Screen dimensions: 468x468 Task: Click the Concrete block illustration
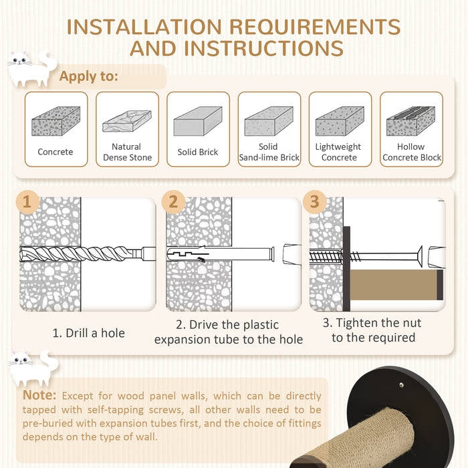tap(55, 121)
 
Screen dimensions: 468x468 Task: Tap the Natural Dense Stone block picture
tap(127, 121)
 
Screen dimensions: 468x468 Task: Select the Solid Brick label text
tap(198, 152)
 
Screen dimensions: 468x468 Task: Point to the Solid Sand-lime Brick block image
tap(269, 121)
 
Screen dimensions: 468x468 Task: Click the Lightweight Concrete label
tap(338, 152)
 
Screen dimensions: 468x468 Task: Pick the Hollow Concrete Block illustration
tap(411, 121)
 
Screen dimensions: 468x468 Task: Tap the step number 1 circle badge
tap(27, 202)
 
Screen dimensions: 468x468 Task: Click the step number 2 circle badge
tap(173, 202)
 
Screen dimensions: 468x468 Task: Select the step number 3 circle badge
tap(314, 202)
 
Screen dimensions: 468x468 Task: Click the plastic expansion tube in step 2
tap(220, 255)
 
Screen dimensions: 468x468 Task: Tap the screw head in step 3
tap(419, 256)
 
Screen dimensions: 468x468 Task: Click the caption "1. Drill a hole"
tap(89, 333)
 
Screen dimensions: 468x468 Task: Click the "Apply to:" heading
tap(89, 76)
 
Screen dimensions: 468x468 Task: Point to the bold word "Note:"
tap(39, 395)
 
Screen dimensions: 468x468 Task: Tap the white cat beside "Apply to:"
tap(31, 69)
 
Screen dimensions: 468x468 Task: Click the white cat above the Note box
tap(33, 368)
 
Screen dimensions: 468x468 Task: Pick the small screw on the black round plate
tap(401, 384)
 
